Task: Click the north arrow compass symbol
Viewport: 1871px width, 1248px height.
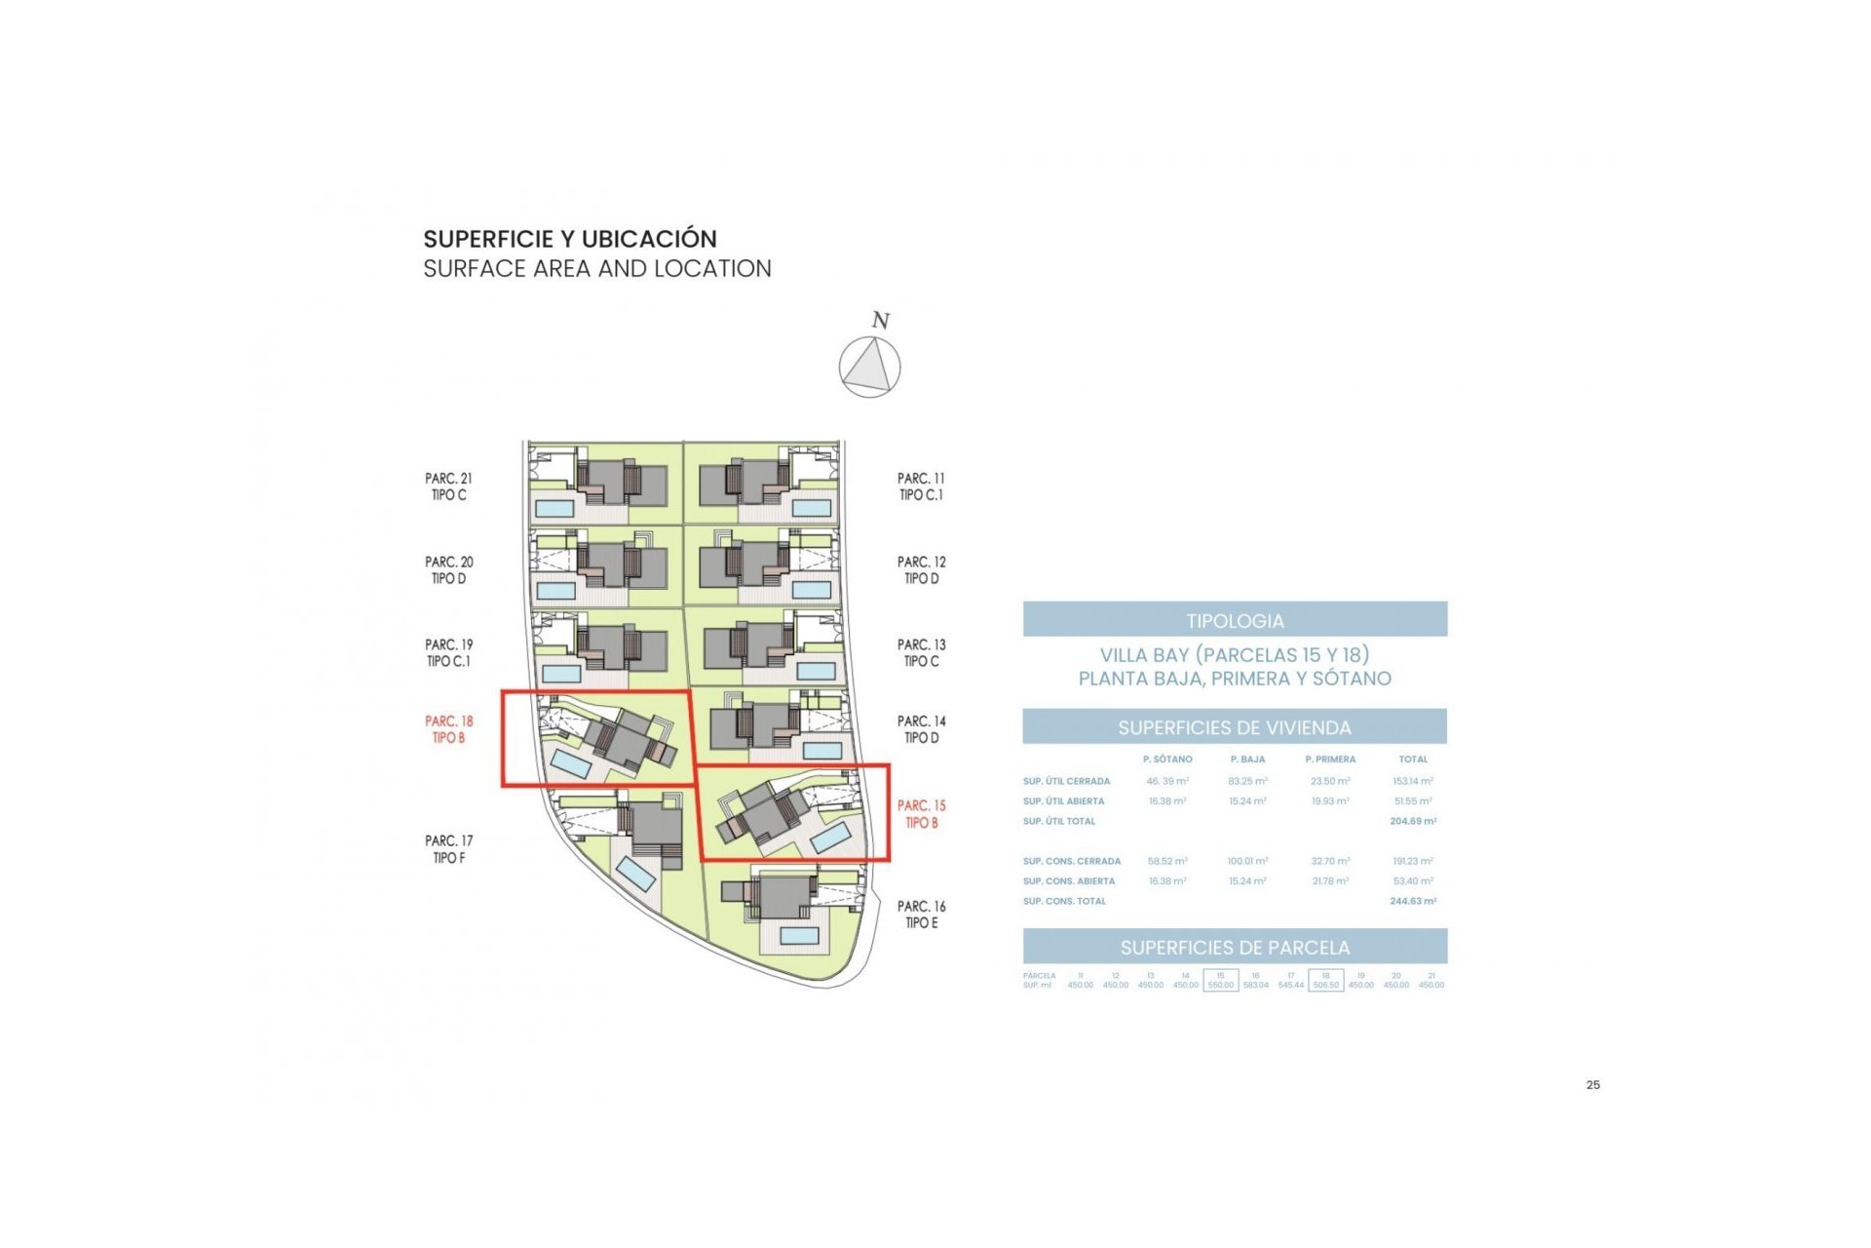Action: (x=869, y=367)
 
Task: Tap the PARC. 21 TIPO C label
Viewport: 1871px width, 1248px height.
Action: (x=448, y=487)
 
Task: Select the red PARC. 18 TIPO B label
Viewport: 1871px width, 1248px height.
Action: (x=448, y=729)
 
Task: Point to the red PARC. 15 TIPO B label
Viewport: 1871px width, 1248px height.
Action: (x=921, y=814)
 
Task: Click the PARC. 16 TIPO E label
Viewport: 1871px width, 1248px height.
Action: (x=921, y=915)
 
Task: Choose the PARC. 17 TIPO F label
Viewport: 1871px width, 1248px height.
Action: (x=448, y=849)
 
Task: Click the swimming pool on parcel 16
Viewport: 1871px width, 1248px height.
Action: (x=799, y=936)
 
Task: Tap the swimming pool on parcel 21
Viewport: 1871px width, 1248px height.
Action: (x=554, y=508)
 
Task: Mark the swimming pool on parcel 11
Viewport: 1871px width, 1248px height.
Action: (x=812, y=508)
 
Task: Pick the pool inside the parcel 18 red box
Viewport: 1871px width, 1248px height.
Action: (x=571, y=763)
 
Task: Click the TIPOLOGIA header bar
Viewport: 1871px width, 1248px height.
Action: (x=1235, y=620)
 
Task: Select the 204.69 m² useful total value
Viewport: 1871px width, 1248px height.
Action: (x=1412, y=822)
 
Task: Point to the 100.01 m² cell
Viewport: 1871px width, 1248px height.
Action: (x=1247, y=862)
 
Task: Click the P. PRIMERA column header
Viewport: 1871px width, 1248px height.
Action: (x=1330, y=760)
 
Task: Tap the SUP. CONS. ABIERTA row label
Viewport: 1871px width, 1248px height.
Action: (x=1068, y=881)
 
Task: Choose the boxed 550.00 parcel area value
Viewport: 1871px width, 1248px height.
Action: (x=1220, y=985)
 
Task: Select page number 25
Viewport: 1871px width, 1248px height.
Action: (x=1593, y=1085)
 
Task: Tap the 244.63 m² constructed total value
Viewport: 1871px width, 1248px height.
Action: (x=1412, y=902)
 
